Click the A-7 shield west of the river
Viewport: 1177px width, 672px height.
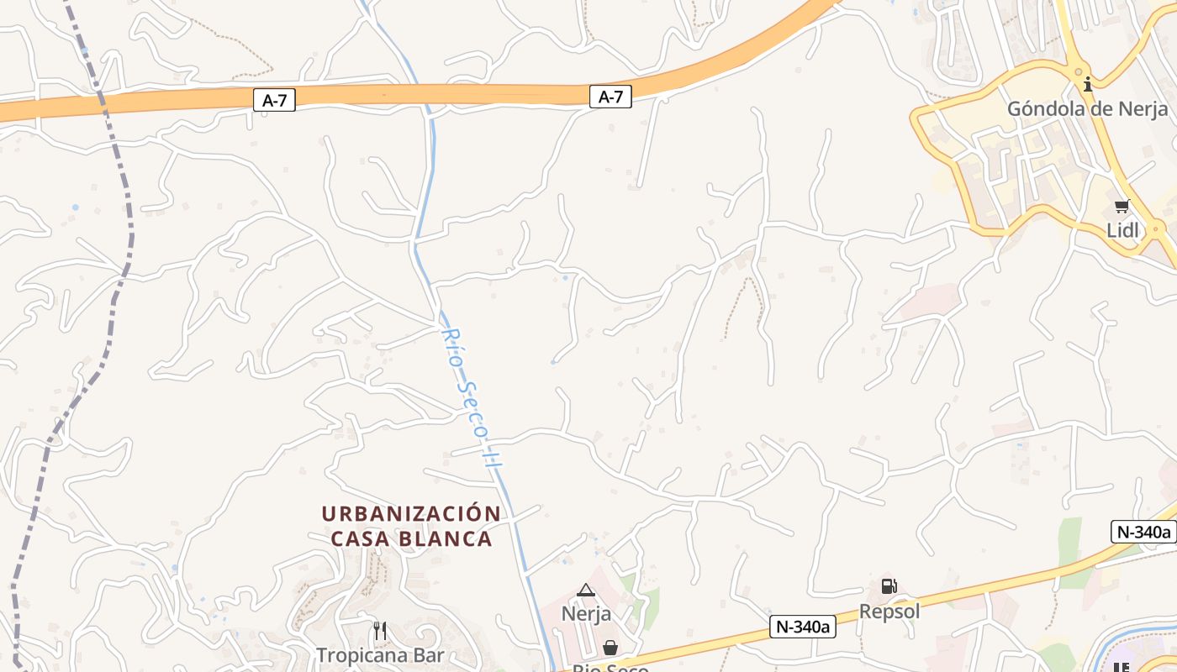point(274,101)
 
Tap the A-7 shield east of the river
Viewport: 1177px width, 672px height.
point(610,97)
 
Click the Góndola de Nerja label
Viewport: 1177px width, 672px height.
point(1087,108)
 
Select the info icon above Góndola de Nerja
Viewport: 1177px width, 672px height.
point(1088,84)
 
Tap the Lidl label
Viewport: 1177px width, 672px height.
point(1122,230)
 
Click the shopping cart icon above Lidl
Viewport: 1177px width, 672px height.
point(1122,207)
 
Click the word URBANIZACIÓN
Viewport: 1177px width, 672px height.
point(411,513)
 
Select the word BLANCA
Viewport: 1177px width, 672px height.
point(453,538)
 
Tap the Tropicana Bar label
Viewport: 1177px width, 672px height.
point(380,654)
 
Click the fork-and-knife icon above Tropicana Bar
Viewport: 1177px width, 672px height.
point(380,630)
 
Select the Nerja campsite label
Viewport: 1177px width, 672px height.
point(586,613)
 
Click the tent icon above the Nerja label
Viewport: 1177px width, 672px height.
point(586,590)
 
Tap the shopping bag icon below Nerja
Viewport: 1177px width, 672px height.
point(610,648)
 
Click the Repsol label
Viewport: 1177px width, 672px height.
point(889,611)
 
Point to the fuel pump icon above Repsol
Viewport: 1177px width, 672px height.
point(889,586)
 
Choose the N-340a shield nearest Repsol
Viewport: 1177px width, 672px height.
point(802,626)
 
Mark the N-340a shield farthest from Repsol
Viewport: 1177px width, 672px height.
point(1143,532)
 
